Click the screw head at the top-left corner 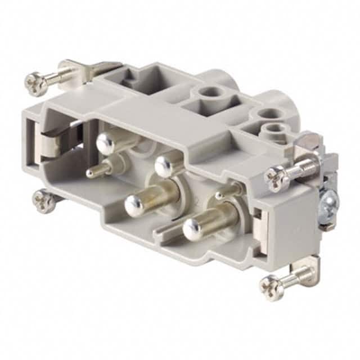pyautogui.click(x=35, y=84)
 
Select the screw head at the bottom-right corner pyautogui.click(x=271, y=287)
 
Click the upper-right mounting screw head pyautogui.click(x=276, y=179)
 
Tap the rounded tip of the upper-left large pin pyautogui.click(x=105, y=144)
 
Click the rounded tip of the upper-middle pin pyautogui.click(x=164, y=166)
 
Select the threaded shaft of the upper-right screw pyautogui.click(x=304, y=167)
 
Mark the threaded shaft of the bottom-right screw pyautogui.click(x=298, y=277)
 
